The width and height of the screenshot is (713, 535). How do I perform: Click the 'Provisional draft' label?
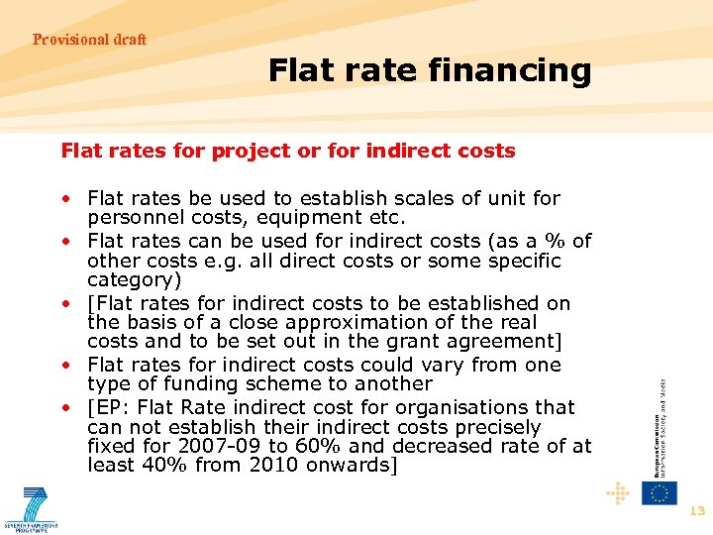coord(89,40)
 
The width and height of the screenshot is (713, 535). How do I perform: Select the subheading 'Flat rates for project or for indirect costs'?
coord(288,151)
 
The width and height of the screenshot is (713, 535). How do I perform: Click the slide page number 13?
coord(696,511)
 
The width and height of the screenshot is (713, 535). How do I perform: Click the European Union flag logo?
coord(659,492)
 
